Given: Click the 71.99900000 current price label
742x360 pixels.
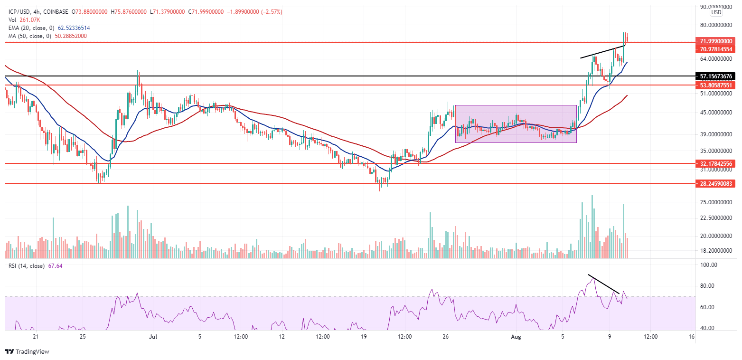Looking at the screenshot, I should click(x=715, y=41).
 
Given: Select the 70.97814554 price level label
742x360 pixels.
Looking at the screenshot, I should click(x=715, y=49).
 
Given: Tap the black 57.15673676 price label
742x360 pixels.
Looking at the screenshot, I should click(x=715, y=76).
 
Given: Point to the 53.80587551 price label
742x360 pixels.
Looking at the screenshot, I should click(x=715, y=85).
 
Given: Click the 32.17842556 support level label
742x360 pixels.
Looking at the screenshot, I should click(x=715, y=163).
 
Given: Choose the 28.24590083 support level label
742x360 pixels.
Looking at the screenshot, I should click(x=715, y=183).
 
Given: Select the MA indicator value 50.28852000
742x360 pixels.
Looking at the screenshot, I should click(x=68, y=36).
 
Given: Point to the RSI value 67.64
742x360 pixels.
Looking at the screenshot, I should click(x=55, y=265).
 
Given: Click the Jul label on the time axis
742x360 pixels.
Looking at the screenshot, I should click(x=152, y=337).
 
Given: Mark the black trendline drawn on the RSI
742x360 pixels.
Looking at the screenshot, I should click(x=603, y=284).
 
